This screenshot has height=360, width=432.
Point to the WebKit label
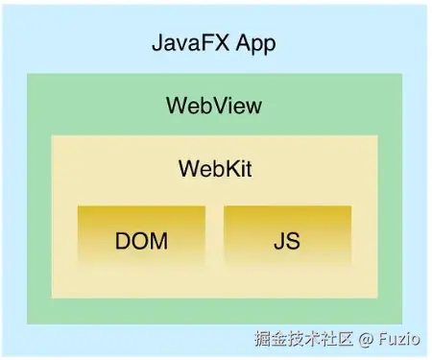tap(215, 168)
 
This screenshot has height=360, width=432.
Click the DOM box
tap(141, 238)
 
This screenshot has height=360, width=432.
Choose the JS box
tap(286, 238)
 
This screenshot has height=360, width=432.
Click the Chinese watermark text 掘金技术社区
tap(304, 338)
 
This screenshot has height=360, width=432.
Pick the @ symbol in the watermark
tap(366, 338)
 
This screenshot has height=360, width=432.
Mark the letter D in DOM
tap(123, 240)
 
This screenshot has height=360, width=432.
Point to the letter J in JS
tap(278, 240)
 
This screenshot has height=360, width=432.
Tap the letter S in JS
tap(292, 240)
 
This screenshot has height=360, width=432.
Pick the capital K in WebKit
tap(225, 168)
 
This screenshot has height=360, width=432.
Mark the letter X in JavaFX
tap(222, 44)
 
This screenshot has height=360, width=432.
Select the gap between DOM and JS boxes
tap(214, 238)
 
